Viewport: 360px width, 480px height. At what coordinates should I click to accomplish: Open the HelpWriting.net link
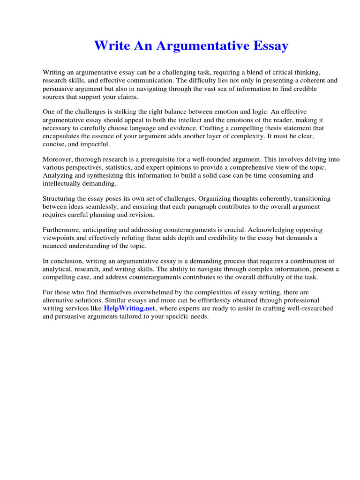129,308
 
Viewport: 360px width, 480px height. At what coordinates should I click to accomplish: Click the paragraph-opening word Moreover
58,159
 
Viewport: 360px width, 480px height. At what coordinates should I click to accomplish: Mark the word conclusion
66,261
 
